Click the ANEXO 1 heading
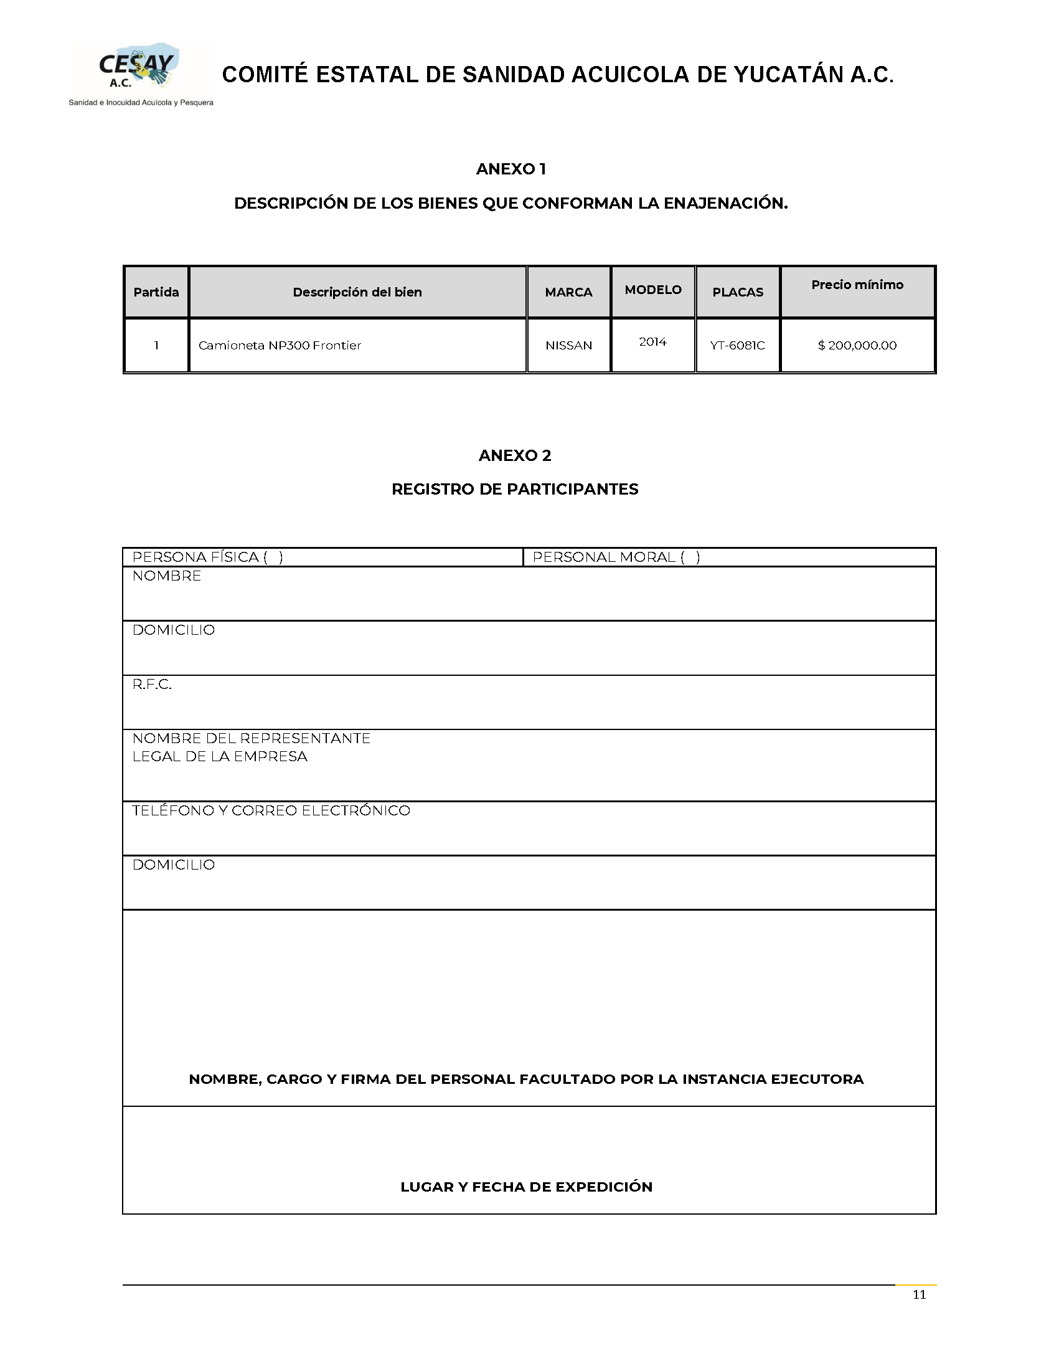(x=511, y=169)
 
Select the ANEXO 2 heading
(x=514, y=455)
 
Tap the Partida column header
(x=156, y=292)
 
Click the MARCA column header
(x=568, y=292)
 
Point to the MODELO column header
(x=653, y=290)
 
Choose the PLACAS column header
(x=738, y=292)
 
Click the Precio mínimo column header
(x=857, y=285)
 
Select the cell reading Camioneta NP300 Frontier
(x=280, y=345)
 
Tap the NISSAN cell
(x=568, y=345)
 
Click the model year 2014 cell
(x=652, y=341)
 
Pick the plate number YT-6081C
(x=737, y=345)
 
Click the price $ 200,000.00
(x=857, y=345)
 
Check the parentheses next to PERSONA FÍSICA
(x=273, y=557)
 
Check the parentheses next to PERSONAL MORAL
(x=690, y=557)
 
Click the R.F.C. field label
(x=152, y=684)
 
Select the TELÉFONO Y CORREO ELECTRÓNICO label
(x=271, y=810)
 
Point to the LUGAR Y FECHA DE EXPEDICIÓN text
(x=526, y=1187)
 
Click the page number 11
(x=919, y=1294)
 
